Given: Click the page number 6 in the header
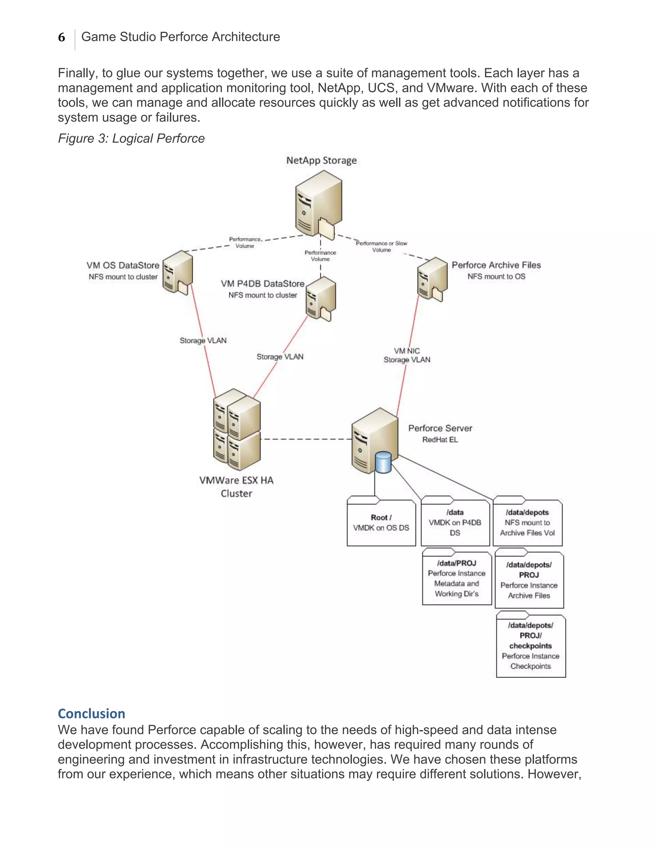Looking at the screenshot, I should pyautogui.click(x=62, y=38).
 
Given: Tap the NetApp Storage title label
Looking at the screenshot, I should pyautogui.click(x=321, y=160).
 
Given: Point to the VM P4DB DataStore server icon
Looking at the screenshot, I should pyautogui.click(x=320, y=299).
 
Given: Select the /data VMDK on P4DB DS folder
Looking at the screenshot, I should pyautogui.click(x=455, y=522).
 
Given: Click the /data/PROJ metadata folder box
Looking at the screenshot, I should pyautogui.click(x=457, y=578).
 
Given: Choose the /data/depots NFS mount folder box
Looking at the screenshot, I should pyautogui.click(x=527, y=522).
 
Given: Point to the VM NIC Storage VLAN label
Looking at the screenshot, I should pyautogui.click(x=407, y=355).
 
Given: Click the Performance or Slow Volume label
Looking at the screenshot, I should pyautogui.click(x=382, y=247).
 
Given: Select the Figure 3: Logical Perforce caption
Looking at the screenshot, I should pyautogui.click(x=131, y=138).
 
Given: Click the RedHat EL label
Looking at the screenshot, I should pyautogui.click(x=440, y=440).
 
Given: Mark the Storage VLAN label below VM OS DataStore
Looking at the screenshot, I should pyautogui.click(x=203, y=340).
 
